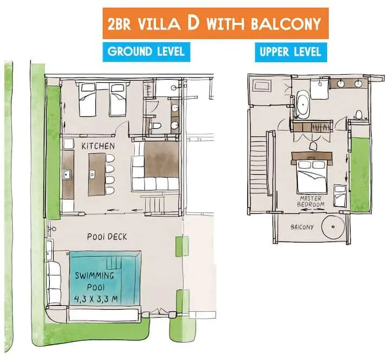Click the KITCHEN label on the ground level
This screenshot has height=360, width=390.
click(97, 146)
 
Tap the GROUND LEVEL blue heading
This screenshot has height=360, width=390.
click(146, 52)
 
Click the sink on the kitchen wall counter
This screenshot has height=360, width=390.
click(67, 174)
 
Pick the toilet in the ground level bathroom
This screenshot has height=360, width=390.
click(156, 126)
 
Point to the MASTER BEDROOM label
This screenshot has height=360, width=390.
click(311, 201)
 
